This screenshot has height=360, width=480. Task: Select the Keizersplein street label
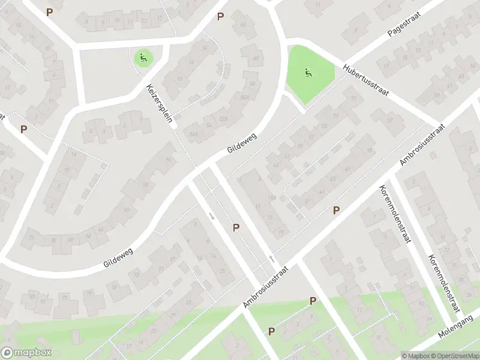[x=160, y=103]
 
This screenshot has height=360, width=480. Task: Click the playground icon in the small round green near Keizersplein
[x=143, y=58]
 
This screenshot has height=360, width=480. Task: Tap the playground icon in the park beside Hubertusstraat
[x=307, y=74]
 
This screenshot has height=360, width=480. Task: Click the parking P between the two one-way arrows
[x=236, y=227]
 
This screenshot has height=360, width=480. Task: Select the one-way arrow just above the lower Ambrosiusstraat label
[x=272, y=259]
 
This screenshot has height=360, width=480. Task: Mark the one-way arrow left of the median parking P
[x=211, y=215]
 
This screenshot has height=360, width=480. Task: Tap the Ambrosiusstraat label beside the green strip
[x=266, y=288]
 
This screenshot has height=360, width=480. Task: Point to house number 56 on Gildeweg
[x=167, y=161]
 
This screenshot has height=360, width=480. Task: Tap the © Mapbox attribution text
[x=416, y=355]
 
